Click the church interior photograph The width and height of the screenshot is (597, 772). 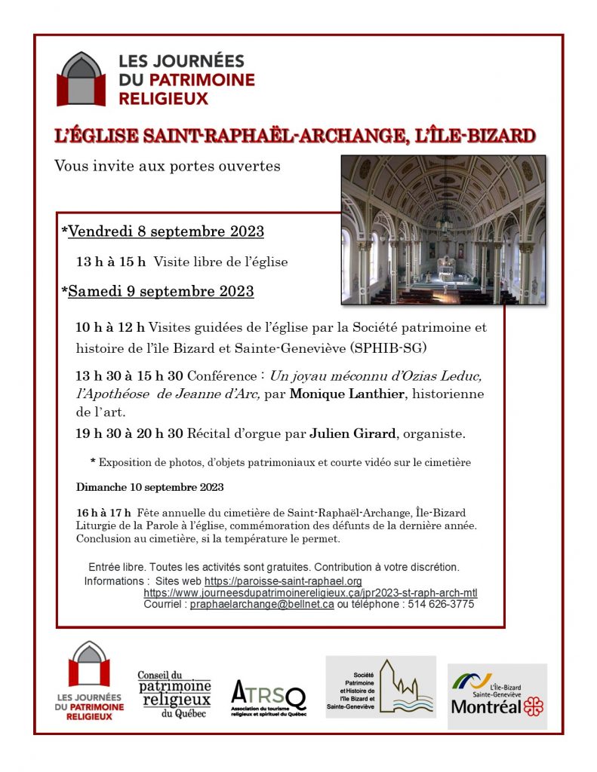pyautogui.click(x=443, y=230)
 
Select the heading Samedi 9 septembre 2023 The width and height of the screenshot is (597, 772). pyautogui.click(x=161, y=291)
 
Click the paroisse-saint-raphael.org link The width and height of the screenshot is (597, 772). pyautogui.click(x=283, y=581)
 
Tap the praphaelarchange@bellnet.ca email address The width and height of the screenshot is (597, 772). pyautogui.click(x=262, y=605)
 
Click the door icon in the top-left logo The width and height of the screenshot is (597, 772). pyautogui.click(x=82, y=79)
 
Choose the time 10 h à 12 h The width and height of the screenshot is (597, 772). pyautogui.click(x=109, y=327)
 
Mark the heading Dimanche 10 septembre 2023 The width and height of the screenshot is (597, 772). pyautogui.click(x=149, y=487)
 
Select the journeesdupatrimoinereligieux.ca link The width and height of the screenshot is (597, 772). pyautogui.click(x=310, y=593)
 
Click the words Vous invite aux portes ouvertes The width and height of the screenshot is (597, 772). pyautogui.click(x=167, y=165)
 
